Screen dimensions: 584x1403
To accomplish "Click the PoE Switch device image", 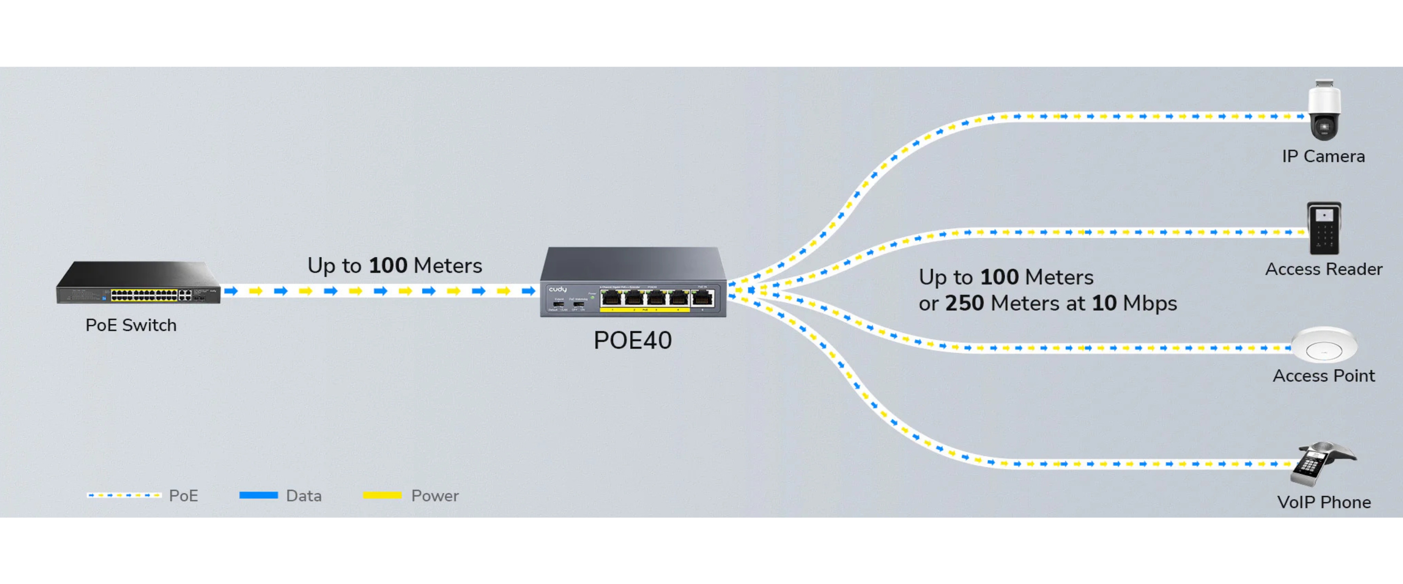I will pos(138,283).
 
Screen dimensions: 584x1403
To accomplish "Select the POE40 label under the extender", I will pos(633,341).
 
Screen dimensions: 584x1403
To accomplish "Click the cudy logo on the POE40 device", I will pos(558,289).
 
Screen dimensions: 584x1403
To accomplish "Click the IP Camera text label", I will pos(1323,156).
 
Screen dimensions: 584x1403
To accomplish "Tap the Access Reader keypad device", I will pos(1323,228).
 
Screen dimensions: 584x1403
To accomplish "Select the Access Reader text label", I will pos(1323,269).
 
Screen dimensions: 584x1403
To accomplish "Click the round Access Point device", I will pos(1323,344).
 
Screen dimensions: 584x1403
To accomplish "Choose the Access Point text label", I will pos(1323,376).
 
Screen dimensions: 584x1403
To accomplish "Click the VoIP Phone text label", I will pos(1323,502).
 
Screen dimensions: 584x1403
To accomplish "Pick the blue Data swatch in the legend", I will pos(259,495).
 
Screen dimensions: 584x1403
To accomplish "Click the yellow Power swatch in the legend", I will pos(382,495).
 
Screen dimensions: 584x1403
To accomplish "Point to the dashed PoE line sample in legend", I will pos(124,495).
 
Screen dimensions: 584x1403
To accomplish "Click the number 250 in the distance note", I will pos(964,304).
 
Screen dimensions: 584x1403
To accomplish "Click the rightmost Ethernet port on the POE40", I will pos(703,298).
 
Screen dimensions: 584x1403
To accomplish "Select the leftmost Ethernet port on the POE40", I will pos(611,298).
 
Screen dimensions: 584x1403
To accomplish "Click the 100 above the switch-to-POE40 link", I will pos(388,266).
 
